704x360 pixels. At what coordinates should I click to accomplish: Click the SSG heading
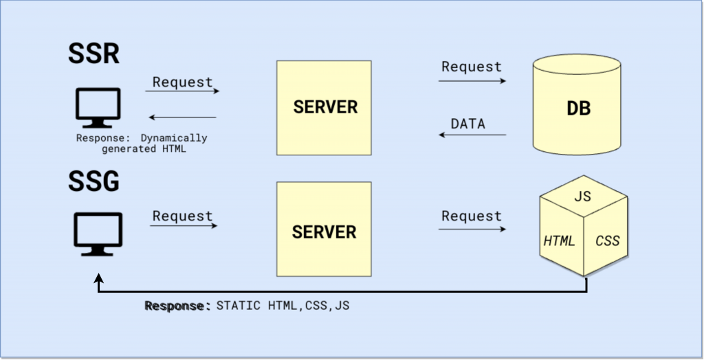94,182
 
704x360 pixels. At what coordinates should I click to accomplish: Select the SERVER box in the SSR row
324,108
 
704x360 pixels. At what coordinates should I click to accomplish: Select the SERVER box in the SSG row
324,229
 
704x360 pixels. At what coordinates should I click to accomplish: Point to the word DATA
467,124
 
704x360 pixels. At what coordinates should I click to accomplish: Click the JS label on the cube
582,196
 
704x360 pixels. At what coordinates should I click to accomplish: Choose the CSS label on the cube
607,240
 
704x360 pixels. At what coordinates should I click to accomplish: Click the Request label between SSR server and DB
472,67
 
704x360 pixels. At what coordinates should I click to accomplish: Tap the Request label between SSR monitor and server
183,82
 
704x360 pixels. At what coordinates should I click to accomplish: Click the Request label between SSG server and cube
472,216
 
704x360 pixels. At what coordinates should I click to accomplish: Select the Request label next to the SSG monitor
183,216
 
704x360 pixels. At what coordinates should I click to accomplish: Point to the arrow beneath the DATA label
473,135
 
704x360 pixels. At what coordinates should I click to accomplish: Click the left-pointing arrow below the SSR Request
183,117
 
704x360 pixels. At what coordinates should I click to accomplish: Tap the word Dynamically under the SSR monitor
173,138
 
